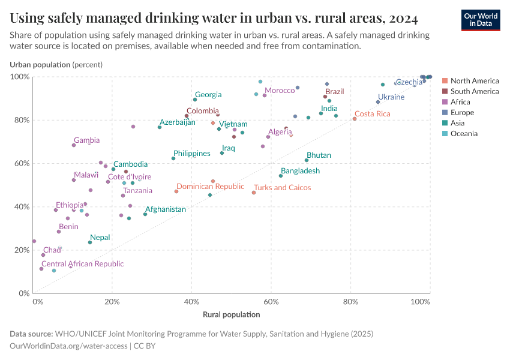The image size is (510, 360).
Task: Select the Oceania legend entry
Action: click(464, 134)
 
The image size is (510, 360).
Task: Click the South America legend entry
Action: click(474, 91)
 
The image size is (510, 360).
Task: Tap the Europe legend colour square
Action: click(445, 113)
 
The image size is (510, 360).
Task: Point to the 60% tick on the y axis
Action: click(21, 163)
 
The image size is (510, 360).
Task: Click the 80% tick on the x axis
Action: click(351, 302)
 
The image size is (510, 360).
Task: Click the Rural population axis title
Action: click(232, 314)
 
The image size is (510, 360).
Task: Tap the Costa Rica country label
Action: click(372, 113)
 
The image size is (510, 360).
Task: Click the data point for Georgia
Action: click(195, 100)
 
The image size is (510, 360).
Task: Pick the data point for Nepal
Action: click(90, 242)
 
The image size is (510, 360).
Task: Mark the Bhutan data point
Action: click(307, 160)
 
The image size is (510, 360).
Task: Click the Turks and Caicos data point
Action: click(254, 193)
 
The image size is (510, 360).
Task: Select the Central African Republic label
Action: click(82, 263)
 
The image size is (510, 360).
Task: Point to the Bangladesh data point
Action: click(281, 176)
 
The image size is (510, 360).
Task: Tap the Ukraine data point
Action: click(378, 102)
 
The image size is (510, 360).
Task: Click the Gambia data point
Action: click(74, 145)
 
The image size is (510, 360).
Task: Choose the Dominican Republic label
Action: click(210, 187)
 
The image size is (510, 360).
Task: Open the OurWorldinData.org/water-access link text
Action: click(69, 346)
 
